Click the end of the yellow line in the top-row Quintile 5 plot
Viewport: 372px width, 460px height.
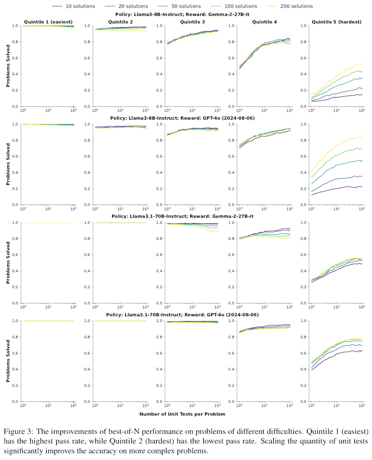(361, 64)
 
